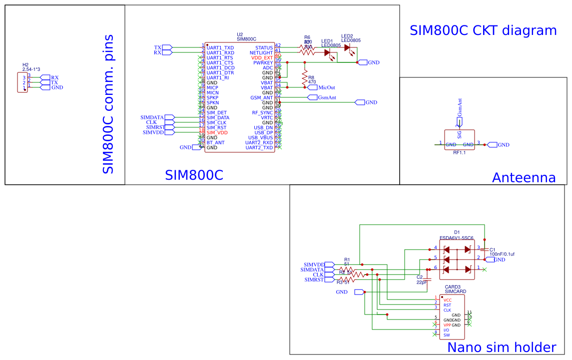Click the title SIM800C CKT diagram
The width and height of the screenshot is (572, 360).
[x=483, y=30]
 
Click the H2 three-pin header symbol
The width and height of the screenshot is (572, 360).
[x=22, y=82]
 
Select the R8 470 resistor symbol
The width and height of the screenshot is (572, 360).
[x=304, y=78]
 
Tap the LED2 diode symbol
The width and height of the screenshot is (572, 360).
[x=347, y=48]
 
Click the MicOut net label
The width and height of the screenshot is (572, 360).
[x=326, y=87]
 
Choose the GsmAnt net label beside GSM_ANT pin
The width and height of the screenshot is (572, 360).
[x=327, y=97]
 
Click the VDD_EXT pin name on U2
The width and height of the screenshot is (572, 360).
[x=262, y=58]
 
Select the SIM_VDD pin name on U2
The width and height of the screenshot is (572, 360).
[x=217, y=133]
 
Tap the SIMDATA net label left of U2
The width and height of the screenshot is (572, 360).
[x=152, y=117]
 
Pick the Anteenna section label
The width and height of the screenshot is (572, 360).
[x=524, y=178]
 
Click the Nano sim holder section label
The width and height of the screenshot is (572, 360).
[x=501, y=348]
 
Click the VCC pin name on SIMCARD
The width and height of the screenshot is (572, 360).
[x=447, y=300]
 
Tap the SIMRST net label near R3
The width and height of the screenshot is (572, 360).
[x=314, y=280]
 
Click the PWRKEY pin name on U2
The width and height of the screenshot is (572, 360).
[x=263, y=63]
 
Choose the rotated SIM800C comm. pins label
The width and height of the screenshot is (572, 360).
[x=108, y=104]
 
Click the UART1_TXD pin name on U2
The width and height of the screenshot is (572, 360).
[x=220, y=48]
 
